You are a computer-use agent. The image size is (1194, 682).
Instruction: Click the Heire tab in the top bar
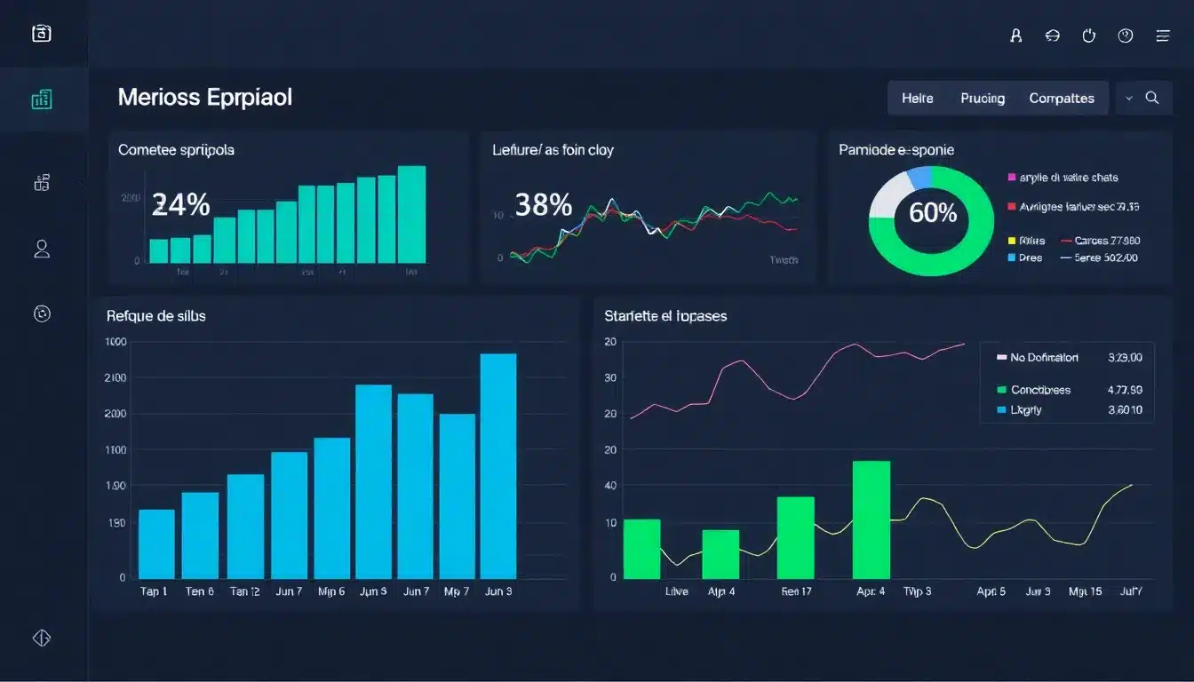point(917,99)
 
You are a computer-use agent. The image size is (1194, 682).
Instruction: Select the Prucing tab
point(983,99)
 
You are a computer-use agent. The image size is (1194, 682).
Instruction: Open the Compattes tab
point(1061,99)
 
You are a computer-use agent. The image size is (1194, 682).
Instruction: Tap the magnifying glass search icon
point(1152,99)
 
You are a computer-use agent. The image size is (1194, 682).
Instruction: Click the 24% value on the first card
point(181,205)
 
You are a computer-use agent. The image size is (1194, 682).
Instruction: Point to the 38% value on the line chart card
point(543,205)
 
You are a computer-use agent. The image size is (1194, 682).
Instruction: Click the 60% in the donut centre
point(933,212)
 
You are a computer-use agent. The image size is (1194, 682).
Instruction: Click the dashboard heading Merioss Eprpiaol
point(204,98)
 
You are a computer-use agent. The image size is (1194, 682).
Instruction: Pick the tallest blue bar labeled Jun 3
point(498,465)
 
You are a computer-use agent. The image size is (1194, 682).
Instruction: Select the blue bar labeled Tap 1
point(157,543)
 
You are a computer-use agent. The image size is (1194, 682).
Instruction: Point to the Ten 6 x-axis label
point(199,591)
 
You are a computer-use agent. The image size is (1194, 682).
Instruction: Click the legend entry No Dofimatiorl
point(1044,358)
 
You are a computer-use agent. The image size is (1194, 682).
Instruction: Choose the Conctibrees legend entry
point(1040,390)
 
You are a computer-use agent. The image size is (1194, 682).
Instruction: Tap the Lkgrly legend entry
point(1026,410)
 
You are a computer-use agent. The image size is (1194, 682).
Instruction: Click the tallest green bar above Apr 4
point(871,519)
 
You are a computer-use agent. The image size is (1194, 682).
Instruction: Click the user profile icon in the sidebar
point(42,249)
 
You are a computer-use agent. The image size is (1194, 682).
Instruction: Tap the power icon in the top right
point(1089,36)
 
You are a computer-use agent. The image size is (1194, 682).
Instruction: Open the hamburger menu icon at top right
point(1162,36)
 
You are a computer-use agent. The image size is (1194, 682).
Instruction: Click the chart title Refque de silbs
point(156,315)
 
